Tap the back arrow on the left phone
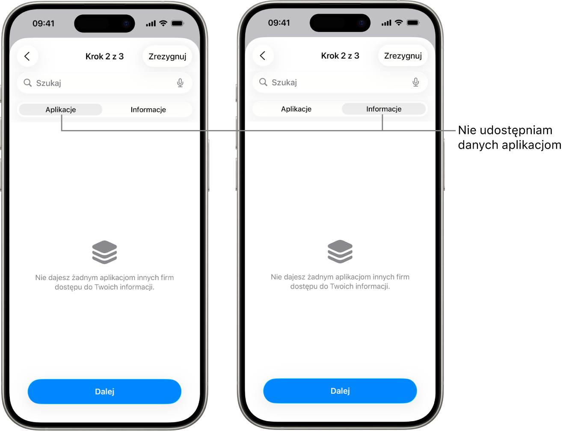pos(27,56)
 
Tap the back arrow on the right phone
pos(263,56)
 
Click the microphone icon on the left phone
pos(180,83)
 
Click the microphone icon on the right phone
pos(415,82)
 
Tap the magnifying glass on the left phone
pos(27,83)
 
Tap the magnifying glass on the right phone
pos(263,82)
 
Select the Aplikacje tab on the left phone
pos(61,109)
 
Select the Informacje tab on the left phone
pos(148,109)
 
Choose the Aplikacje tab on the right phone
pos(296,109)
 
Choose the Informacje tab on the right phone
pos(384,109)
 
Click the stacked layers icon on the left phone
pos(104,252)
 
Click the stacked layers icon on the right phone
pos(340,251)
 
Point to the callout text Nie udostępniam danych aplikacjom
pos(510,137)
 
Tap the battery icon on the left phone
pos(178,24)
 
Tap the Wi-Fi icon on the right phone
pos(399,23)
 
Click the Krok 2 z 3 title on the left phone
pos(104,56)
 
